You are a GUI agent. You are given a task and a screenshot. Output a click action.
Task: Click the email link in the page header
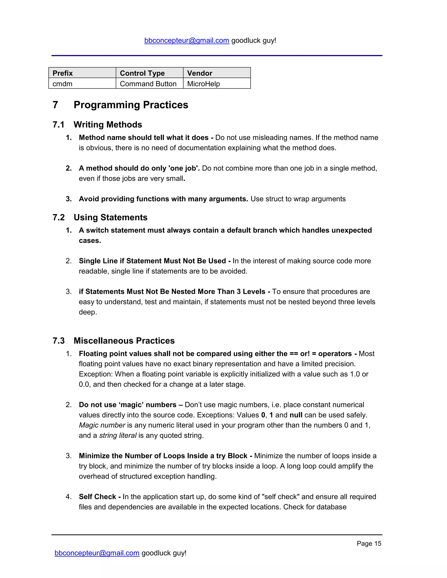tap(186, 41)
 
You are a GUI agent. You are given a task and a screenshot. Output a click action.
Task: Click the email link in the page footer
tap(97, 553)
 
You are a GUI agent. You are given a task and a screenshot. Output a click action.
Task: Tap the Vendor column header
tap(200, 73)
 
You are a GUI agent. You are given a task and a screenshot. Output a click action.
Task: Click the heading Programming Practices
tap(131, 105)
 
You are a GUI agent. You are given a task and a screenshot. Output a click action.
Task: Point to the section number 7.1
tap(58, 125)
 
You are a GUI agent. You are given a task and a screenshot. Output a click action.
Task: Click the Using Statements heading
tap(110, 217)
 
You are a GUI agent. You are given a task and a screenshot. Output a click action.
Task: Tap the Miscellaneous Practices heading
tap(124, 341)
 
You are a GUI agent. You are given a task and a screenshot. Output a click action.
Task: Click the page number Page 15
tap(369, 543)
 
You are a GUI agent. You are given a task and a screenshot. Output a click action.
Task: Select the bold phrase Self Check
tap(97, 497)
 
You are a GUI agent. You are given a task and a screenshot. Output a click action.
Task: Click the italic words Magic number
tap(102, 425)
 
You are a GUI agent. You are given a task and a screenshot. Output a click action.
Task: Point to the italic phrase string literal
tap(118, 435)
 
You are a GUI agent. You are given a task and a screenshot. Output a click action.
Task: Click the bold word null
tap(296, 415)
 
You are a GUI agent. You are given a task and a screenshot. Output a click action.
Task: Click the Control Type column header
tap(142, 73)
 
